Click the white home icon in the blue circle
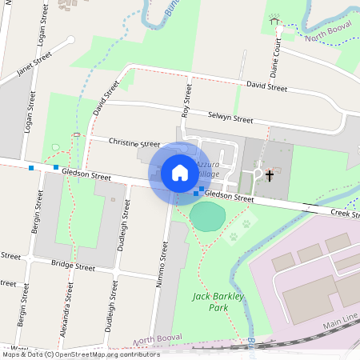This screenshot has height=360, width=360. pos(180,172)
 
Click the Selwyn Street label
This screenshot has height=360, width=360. pos(228,117)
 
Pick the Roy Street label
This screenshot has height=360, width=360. pos(186,101)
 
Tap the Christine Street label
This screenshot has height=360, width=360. pos(134,143)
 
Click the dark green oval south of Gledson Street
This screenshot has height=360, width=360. pos(208,216)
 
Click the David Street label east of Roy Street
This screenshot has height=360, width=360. pos(266,85)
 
